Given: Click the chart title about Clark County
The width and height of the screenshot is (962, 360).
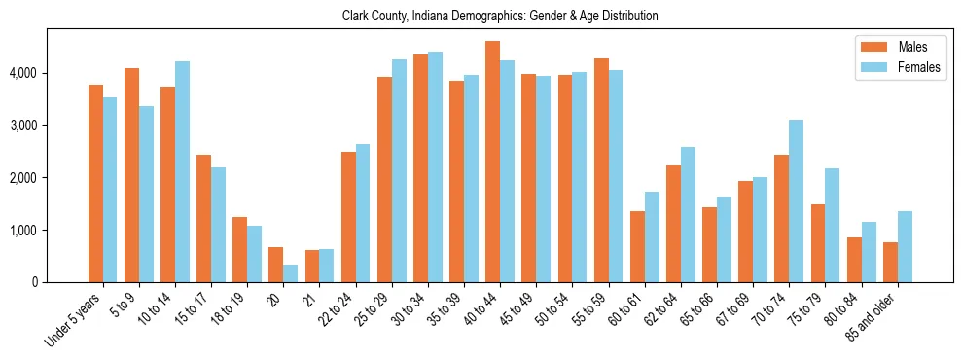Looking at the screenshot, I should point(500,16).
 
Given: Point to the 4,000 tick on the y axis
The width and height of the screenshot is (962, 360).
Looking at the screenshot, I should point(24,74).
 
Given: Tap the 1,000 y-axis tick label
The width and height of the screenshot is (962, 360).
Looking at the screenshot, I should point(24,231).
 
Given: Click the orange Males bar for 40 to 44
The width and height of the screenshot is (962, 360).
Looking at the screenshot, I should point(492,162).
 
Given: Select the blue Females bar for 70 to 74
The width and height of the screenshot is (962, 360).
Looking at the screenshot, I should point(796,200).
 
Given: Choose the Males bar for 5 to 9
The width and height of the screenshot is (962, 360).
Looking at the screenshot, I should point(131,175).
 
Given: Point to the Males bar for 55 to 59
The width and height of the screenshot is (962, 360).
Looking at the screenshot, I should point(601,170).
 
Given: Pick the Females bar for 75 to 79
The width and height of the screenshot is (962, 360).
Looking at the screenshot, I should point(832,225).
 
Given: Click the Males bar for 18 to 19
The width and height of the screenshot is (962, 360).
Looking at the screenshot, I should point(239,249).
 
